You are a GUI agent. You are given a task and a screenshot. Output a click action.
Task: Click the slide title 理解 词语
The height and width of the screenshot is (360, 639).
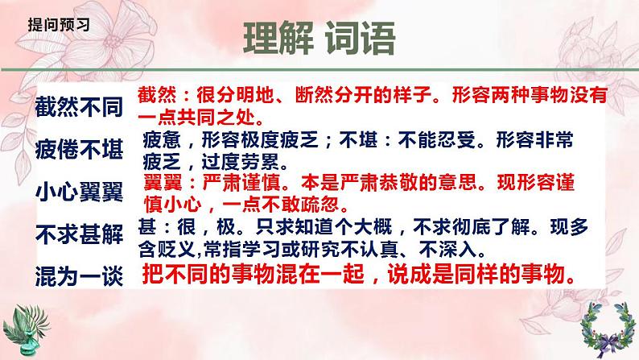[x=319, y=39]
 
